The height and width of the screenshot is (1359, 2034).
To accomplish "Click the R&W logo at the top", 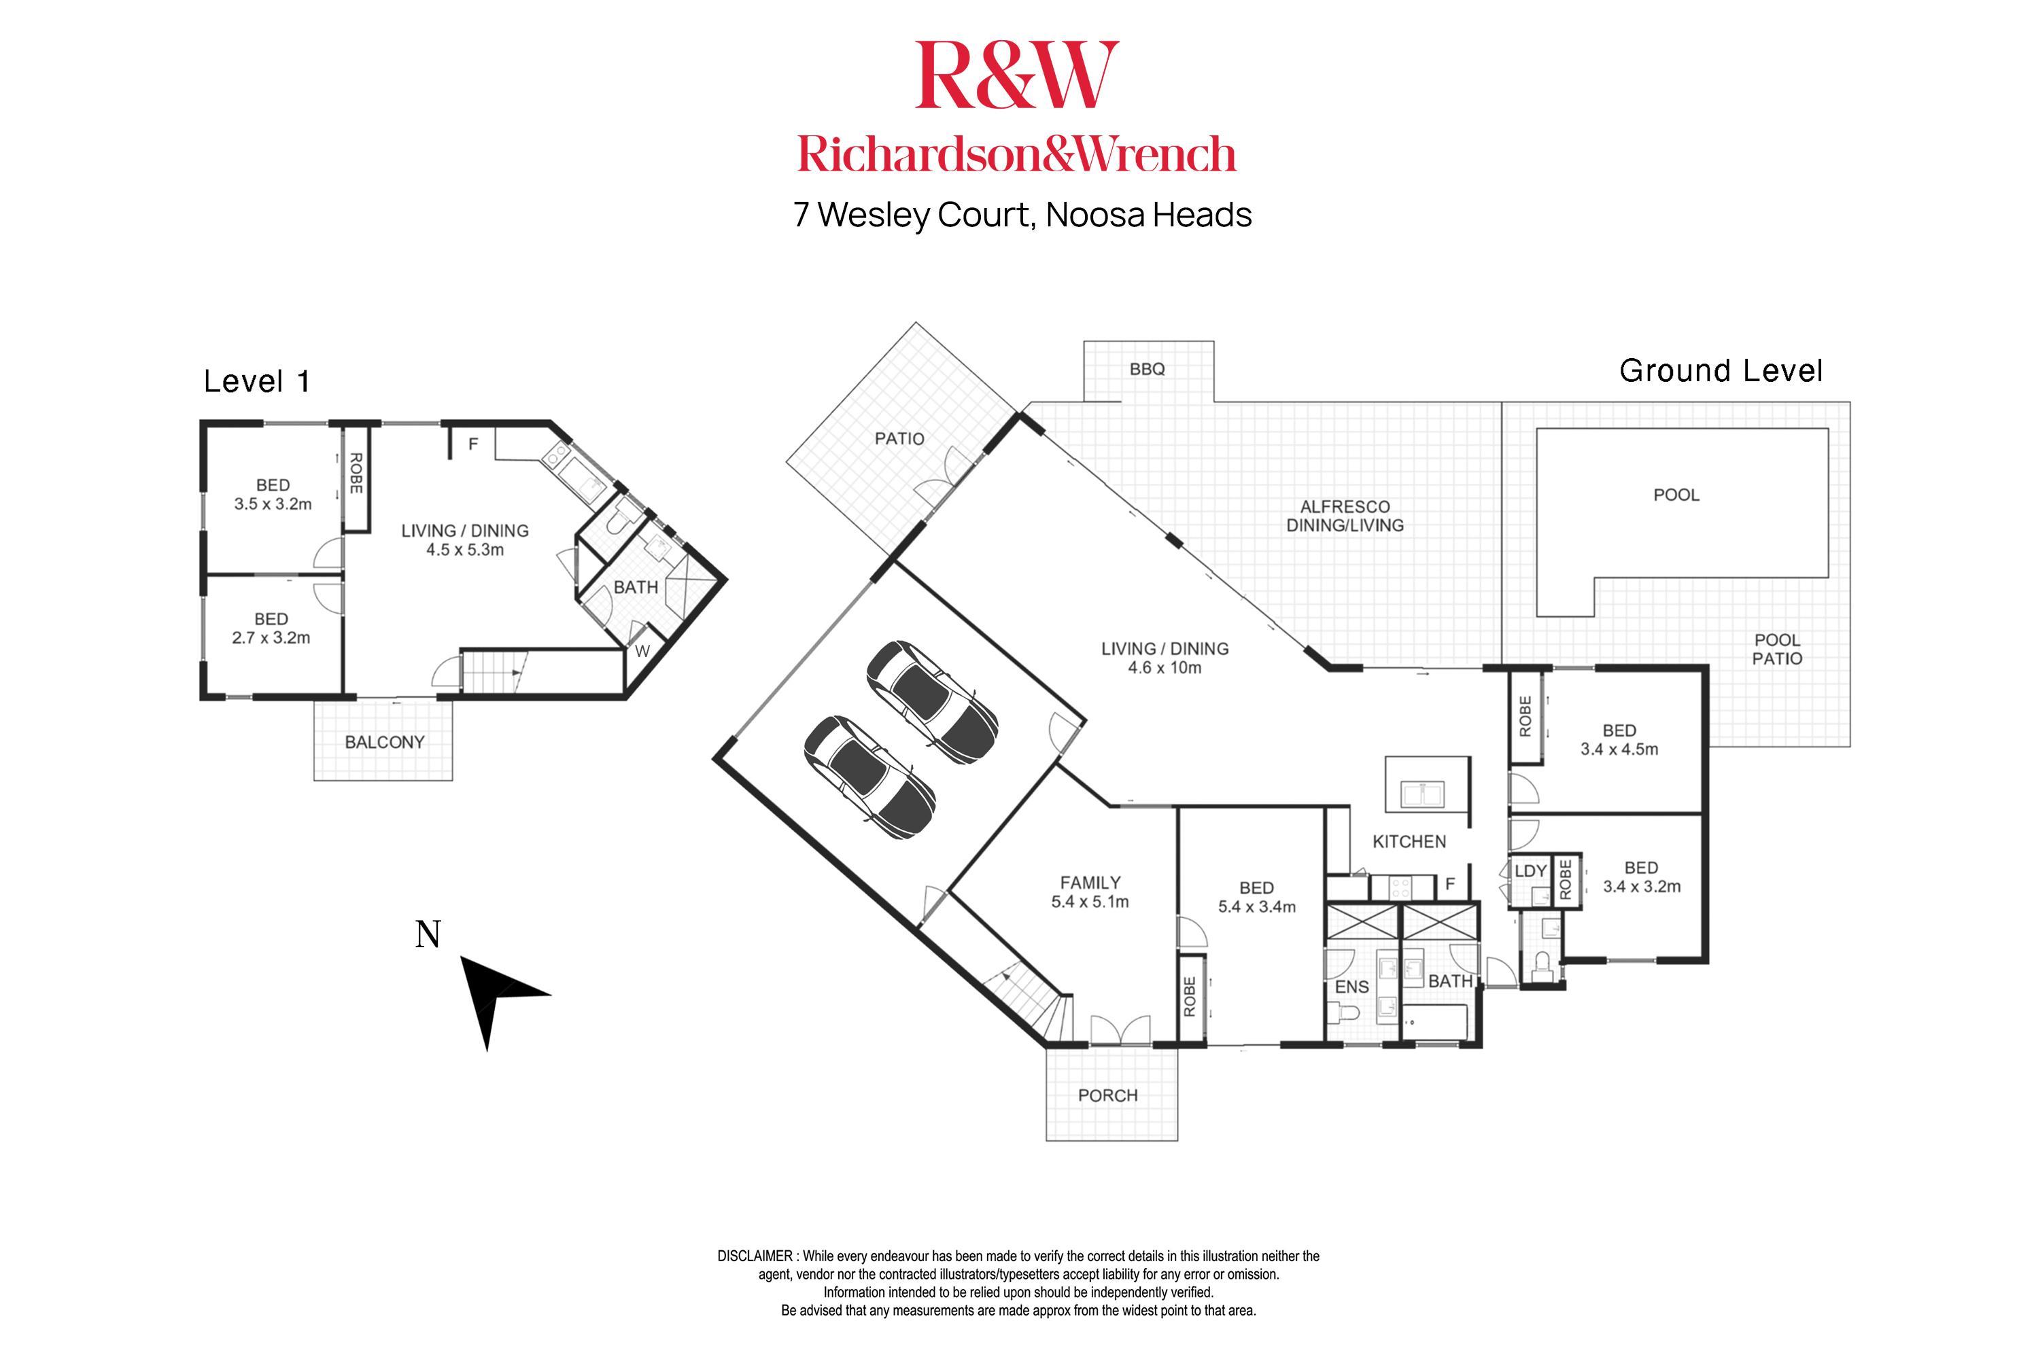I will click(1016, 76).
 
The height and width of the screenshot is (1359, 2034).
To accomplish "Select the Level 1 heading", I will click(257, 381).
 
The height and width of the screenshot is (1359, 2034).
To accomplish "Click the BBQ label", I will click(1146, 369).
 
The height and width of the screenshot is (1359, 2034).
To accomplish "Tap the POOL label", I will click(1675, 495).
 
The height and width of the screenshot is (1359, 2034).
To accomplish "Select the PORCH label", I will click(1107, 1095).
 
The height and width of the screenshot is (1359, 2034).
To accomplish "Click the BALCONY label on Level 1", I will click(384, 742).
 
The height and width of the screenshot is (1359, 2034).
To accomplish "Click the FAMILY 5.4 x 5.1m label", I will click(1090, 892).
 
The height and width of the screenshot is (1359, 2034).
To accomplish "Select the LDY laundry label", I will click(1530, 871).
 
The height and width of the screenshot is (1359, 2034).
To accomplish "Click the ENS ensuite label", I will click(1351, 987).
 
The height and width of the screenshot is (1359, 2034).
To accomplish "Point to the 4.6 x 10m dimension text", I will click(1165, 667).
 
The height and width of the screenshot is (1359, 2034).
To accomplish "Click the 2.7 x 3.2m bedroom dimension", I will click(271, 638).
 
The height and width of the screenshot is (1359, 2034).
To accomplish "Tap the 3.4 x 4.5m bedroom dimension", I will click(1619, 749).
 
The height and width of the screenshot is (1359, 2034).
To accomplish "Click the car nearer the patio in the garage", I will click(932, 702).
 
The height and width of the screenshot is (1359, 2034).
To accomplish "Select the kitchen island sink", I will click(1422, 794).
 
